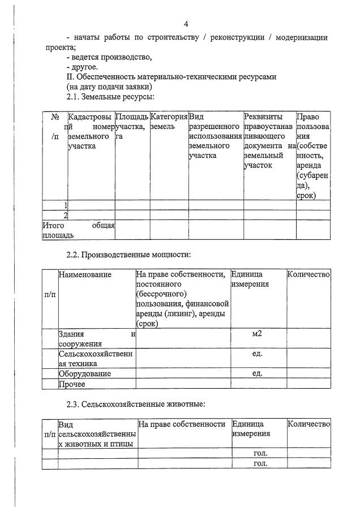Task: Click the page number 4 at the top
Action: point(186,23)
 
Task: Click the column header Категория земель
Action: point(169,121)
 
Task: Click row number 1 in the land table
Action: point(66,205)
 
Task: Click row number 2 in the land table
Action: point(66,215)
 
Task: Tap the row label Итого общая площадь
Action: point(78,230)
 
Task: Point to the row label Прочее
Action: point(72,385)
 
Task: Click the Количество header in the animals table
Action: point(308,424)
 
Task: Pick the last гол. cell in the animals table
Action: point(260,464)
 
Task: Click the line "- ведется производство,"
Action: point(109,57)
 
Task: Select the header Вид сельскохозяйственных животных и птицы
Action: point(97,434)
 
